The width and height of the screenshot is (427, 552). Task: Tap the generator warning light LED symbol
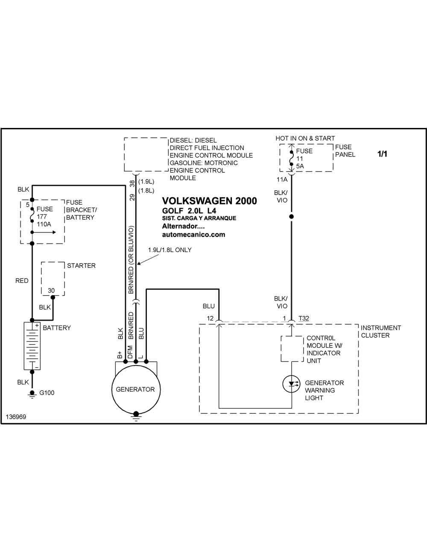coord(292,384)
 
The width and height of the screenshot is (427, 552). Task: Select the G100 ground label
coord(47,393)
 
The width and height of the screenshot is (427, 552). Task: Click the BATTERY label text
coord(57,328)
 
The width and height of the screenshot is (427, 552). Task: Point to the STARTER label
coord(81,265)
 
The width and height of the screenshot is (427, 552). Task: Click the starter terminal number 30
coord(51,291)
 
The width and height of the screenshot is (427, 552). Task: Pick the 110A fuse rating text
coord(44,224)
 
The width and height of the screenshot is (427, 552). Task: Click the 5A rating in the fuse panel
coord(300,166)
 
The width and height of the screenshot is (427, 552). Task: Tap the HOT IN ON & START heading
coord(305,139)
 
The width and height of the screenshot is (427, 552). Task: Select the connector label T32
coord(304,318)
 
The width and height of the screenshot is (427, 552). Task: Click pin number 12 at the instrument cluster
coord(210,318)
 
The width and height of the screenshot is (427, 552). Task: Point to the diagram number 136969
coord(16,417)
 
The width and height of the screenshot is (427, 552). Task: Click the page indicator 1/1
coord(382,154)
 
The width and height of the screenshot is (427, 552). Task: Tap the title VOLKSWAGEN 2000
coord(209,200)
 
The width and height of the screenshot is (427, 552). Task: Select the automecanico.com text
coord(194,234)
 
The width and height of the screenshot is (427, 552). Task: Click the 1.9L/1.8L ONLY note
coord(170,250)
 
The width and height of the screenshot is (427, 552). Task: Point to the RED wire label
coord(22,281)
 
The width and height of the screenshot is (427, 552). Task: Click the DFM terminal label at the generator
coord(130,352)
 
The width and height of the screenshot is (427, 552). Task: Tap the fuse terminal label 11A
coord(282,180)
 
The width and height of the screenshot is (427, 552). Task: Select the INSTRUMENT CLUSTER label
coord(381,331)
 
